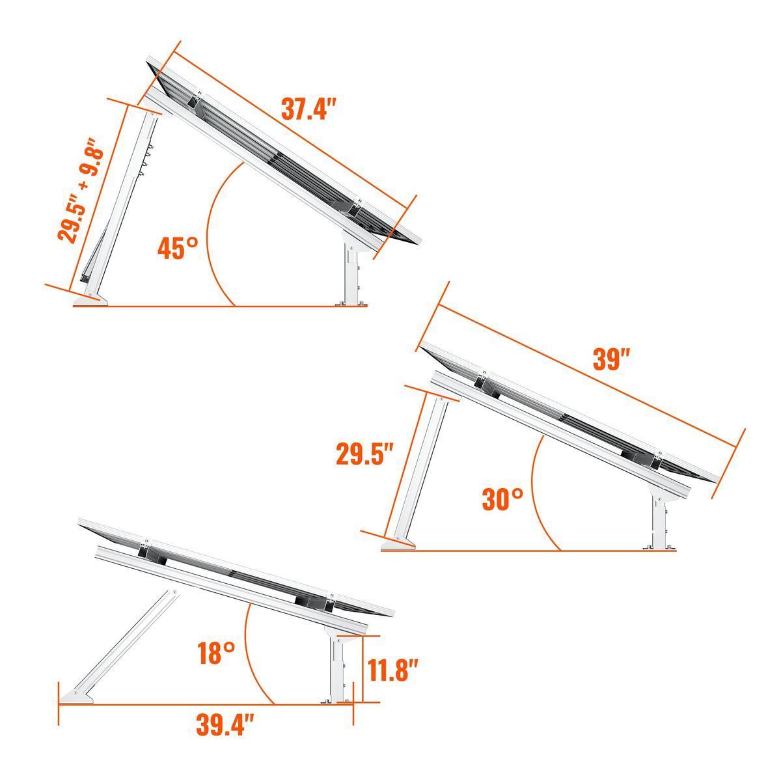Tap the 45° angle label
178,249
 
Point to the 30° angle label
502,499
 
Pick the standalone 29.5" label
364,454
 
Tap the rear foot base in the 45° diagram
90,299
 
